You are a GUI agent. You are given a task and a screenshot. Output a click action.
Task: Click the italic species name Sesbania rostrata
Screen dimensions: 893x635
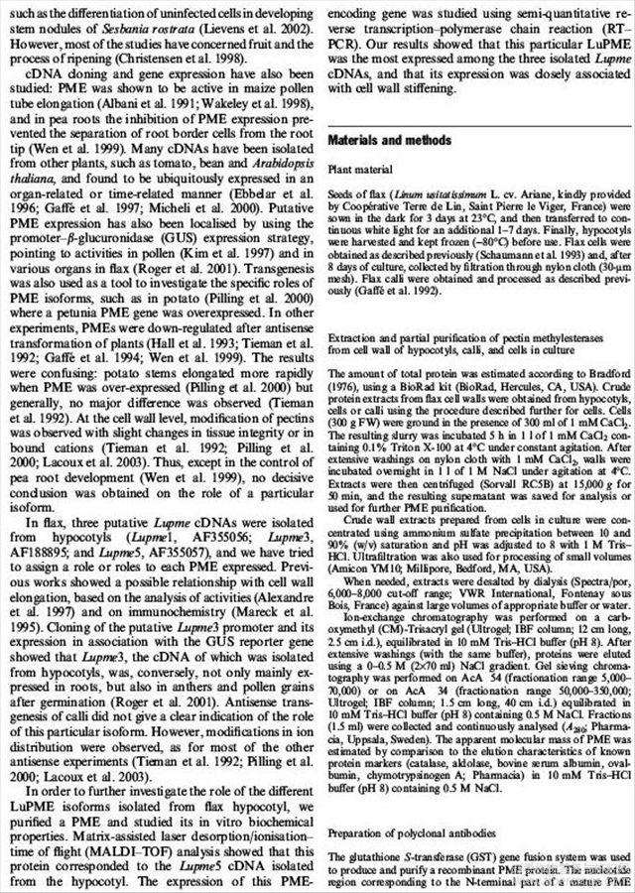159,19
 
